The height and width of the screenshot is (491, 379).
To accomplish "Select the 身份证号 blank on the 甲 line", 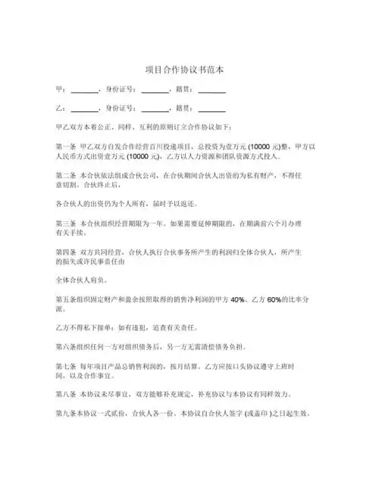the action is coord(155,91).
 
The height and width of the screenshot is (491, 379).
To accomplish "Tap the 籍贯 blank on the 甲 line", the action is coord(212,91).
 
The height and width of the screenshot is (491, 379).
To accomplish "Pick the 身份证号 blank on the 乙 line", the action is coord(155,109).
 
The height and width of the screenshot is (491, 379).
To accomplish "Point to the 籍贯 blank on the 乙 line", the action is coord(212,109).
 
